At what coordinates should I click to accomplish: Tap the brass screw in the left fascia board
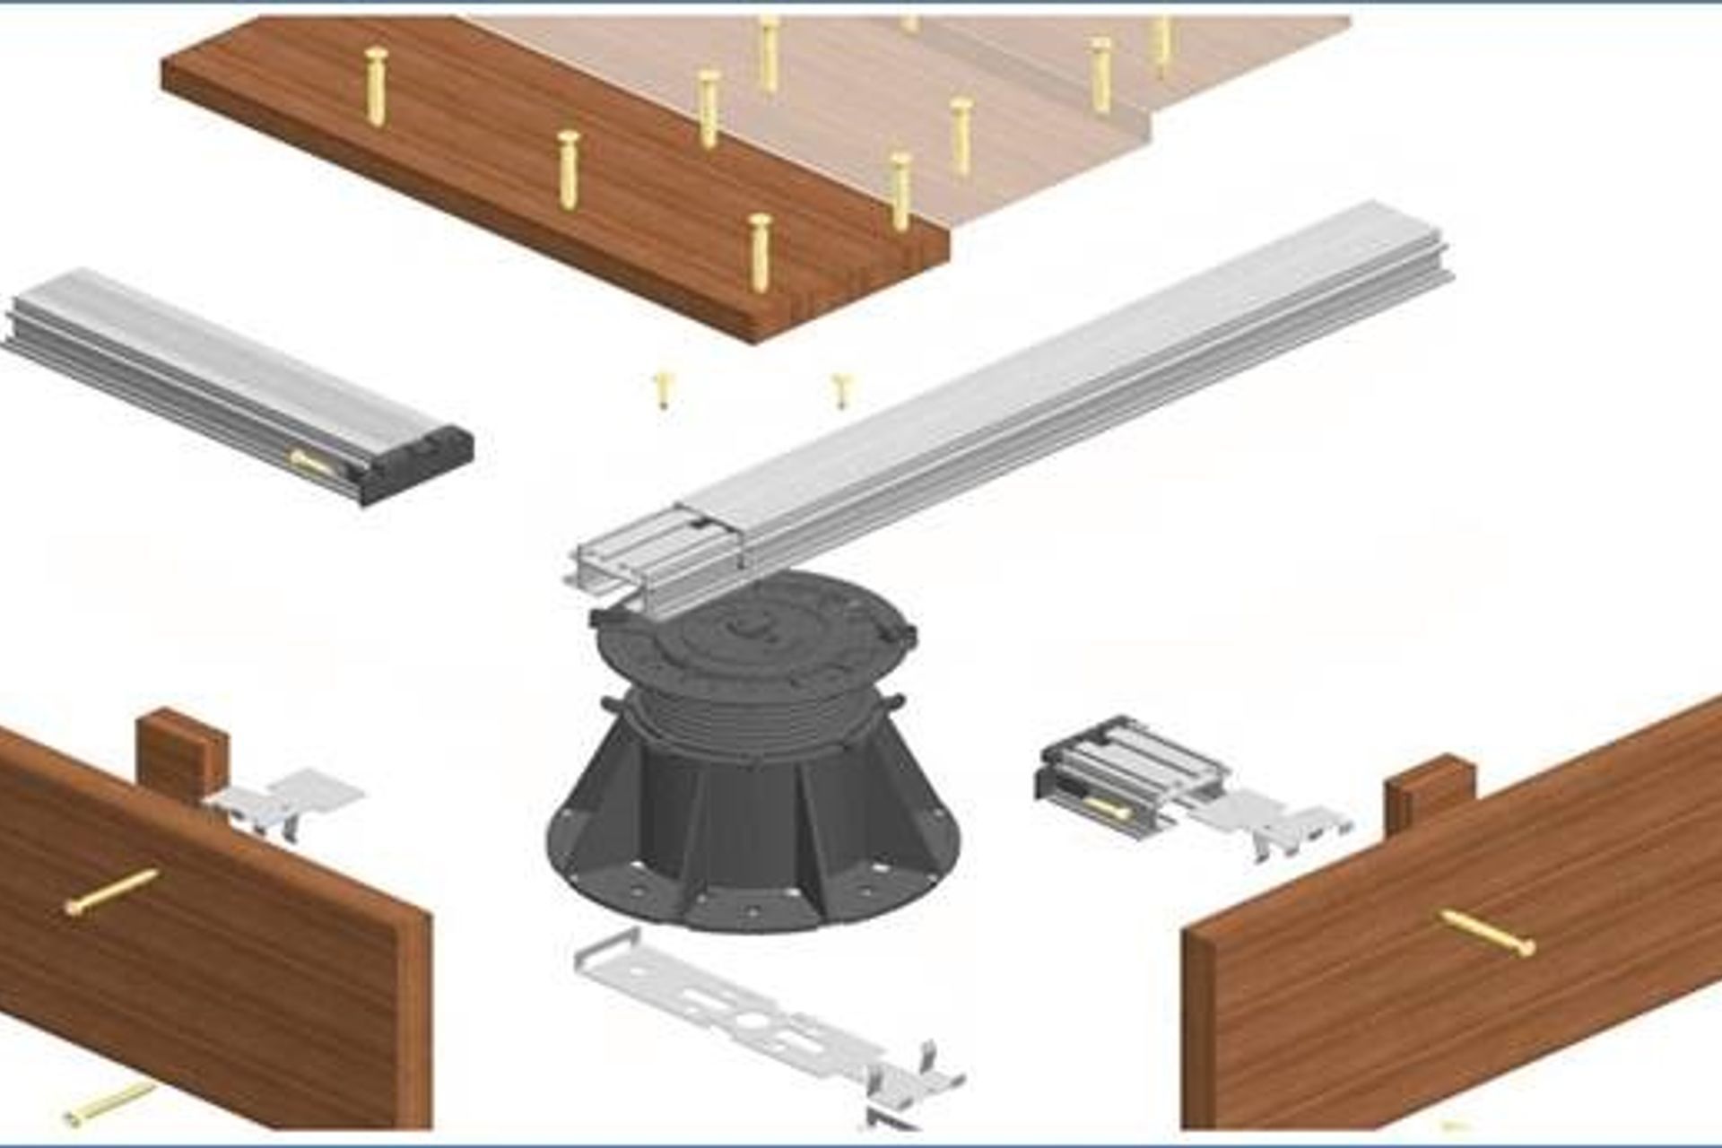[x=112, y=892]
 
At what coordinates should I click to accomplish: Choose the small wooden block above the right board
[x=1430, y=789]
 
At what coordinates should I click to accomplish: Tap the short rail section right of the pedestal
[x=1130, y=771]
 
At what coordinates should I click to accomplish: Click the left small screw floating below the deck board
[x=663, y=390]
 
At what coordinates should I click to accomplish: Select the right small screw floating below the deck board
[x=840, y=390]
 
